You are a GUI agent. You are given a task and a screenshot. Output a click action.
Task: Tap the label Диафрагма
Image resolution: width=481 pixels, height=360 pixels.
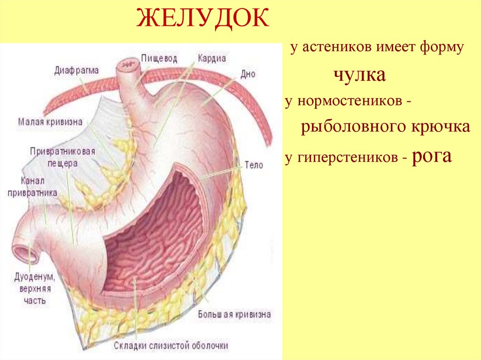click(x=76, y=70)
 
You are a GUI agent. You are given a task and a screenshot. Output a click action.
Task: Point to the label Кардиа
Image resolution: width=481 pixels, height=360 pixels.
click(x=212, y=59)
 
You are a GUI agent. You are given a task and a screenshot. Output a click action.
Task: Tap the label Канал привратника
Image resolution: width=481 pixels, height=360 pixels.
click(x=32, y=186)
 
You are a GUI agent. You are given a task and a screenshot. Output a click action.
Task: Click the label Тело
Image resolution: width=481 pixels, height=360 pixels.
click(x=254, y=165)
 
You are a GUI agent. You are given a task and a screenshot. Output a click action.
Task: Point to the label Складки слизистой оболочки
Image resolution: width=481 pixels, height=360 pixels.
click(x=171, y=346)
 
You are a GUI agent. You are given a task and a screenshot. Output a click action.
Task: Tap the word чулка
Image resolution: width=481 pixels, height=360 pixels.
click(x=359, y=75)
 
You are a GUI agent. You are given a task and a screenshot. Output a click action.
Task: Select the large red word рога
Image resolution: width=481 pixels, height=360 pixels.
click(x=432, y=156)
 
